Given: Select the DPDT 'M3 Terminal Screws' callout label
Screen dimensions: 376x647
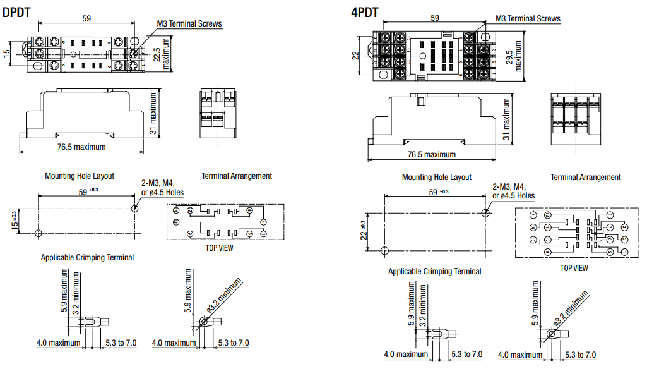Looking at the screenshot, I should click(x=189, y=24).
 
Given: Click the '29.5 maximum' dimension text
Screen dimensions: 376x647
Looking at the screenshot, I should click(x=514, y=56).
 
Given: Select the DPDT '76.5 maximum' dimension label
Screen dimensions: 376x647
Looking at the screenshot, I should click(x=79, y=147).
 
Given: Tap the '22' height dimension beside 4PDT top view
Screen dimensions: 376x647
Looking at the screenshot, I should click(x=355, y=56).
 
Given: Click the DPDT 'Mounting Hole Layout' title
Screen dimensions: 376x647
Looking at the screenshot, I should click(x=80, y=176).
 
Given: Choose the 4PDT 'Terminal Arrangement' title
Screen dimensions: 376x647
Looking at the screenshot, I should click(x=585, y=178).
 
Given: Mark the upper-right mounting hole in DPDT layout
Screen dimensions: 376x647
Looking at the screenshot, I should click(x=134, y=208).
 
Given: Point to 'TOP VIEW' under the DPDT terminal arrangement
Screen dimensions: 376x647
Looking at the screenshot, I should click(x=219, y=248).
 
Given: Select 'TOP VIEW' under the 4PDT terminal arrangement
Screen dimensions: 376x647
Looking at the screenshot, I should click(x=574, y=268).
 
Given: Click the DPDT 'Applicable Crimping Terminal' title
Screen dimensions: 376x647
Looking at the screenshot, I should click(x=87, y=257).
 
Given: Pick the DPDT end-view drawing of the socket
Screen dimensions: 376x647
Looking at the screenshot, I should click(x=218, y=113).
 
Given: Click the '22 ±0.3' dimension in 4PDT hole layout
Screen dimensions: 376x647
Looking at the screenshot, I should click(x=362, y=231).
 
